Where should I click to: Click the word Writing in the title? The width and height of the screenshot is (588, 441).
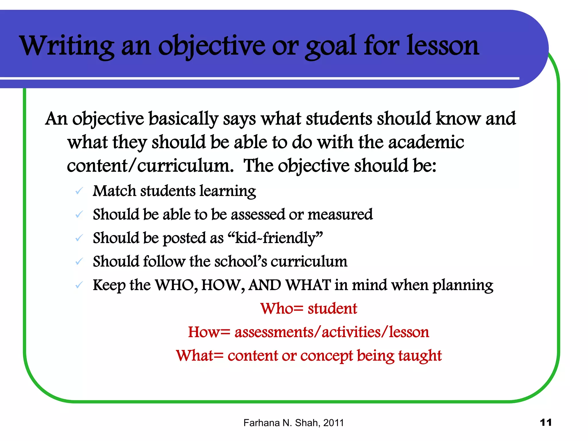pyautogui.click(x=67, y=46)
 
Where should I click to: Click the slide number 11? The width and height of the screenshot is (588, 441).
pyautogui.click(x=546, y=422)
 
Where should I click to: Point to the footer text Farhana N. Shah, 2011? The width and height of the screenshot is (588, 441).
pyautogui.click(x=293, y=423)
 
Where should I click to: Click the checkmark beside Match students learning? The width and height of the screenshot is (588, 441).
pyautogui.click(x=79, y=191)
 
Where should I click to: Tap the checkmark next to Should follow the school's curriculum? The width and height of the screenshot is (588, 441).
pyautogui.click(x=79, y=262)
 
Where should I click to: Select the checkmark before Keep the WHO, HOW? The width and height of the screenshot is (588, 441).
pyautogui.click(x=79, y=285)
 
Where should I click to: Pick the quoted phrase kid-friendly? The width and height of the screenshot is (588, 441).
pyautogui.click(x=275, y=238)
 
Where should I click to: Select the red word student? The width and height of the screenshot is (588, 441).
pyautogui.click(x=332, y=309)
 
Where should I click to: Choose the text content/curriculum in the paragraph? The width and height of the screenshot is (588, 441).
pyautogui.click(x=150, y=166)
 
